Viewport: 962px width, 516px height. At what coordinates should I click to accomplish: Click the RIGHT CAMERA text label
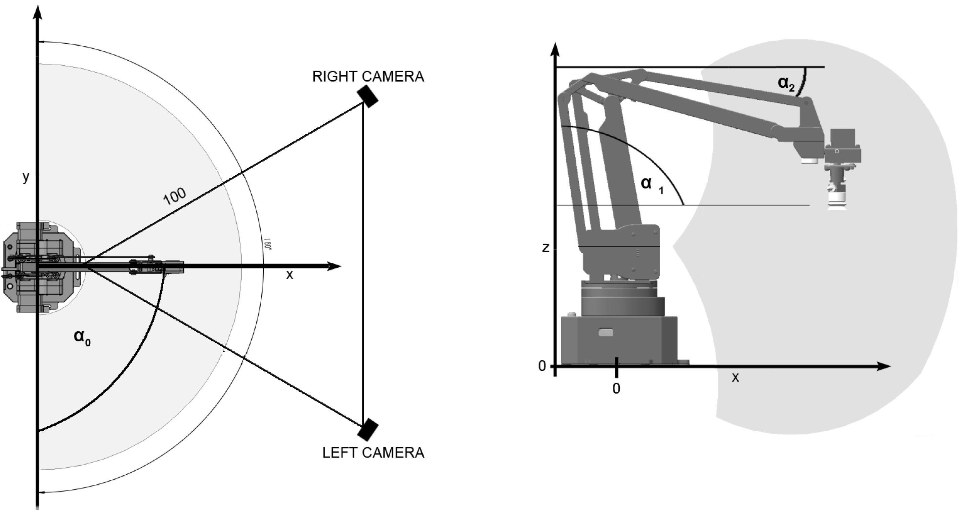tap(368, 77)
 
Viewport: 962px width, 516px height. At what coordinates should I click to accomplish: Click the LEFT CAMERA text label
tap(373, 453)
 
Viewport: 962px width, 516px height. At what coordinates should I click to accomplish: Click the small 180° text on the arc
tap(267, 244)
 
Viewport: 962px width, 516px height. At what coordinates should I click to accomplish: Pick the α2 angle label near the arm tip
tap(785, 83)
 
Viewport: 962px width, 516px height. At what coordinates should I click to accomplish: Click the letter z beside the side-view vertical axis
tap(545, 248)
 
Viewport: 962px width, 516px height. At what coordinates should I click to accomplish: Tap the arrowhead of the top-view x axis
tap(335, 266)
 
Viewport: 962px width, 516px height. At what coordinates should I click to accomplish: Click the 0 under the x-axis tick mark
tap(616, 389)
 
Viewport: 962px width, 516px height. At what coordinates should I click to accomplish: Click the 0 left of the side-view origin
tap(542, 366)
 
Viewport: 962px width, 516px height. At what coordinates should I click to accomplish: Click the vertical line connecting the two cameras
tap(363, 261)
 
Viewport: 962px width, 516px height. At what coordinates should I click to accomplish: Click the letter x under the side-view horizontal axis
tap(735, 378)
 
